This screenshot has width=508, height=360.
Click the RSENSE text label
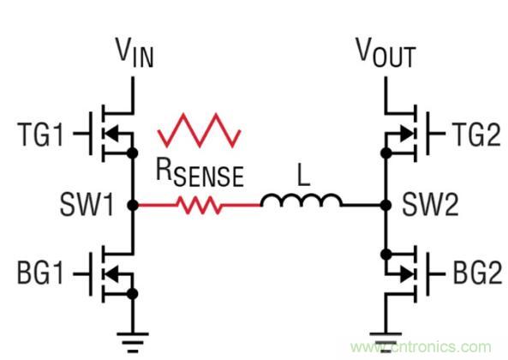[200, 175]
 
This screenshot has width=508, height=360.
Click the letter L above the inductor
[301, 174]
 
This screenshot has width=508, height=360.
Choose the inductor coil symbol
[301, 202]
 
